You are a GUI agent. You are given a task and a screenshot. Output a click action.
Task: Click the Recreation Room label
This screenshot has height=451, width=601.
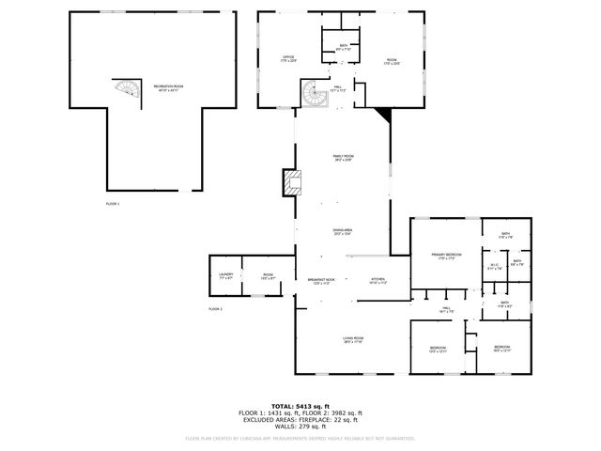(167, 86)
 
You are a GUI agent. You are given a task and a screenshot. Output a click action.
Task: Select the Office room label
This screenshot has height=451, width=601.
(289, 59)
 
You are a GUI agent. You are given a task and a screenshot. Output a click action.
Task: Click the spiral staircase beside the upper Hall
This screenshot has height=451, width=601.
(313, 93)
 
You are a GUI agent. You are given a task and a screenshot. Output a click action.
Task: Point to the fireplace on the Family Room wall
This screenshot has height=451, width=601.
(290, 181)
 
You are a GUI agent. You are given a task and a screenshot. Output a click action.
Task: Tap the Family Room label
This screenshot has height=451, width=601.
(343, 158)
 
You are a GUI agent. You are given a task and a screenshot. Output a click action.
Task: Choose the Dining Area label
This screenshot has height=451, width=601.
(343, 230)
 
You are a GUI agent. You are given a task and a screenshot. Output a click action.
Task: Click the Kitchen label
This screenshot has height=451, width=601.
(378, 281)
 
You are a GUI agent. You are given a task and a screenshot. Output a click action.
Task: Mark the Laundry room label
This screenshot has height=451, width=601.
(225, 276)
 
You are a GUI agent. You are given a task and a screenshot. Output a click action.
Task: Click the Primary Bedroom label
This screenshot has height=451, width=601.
(446, 257)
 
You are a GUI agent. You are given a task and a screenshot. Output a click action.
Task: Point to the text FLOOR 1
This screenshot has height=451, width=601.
(113, 203)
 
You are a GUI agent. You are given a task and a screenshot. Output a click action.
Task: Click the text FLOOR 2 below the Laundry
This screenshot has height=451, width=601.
(215, 308)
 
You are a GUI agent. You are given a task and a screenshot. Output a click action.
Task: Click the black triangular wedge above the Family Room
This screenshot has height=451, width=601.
(382, 115)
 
